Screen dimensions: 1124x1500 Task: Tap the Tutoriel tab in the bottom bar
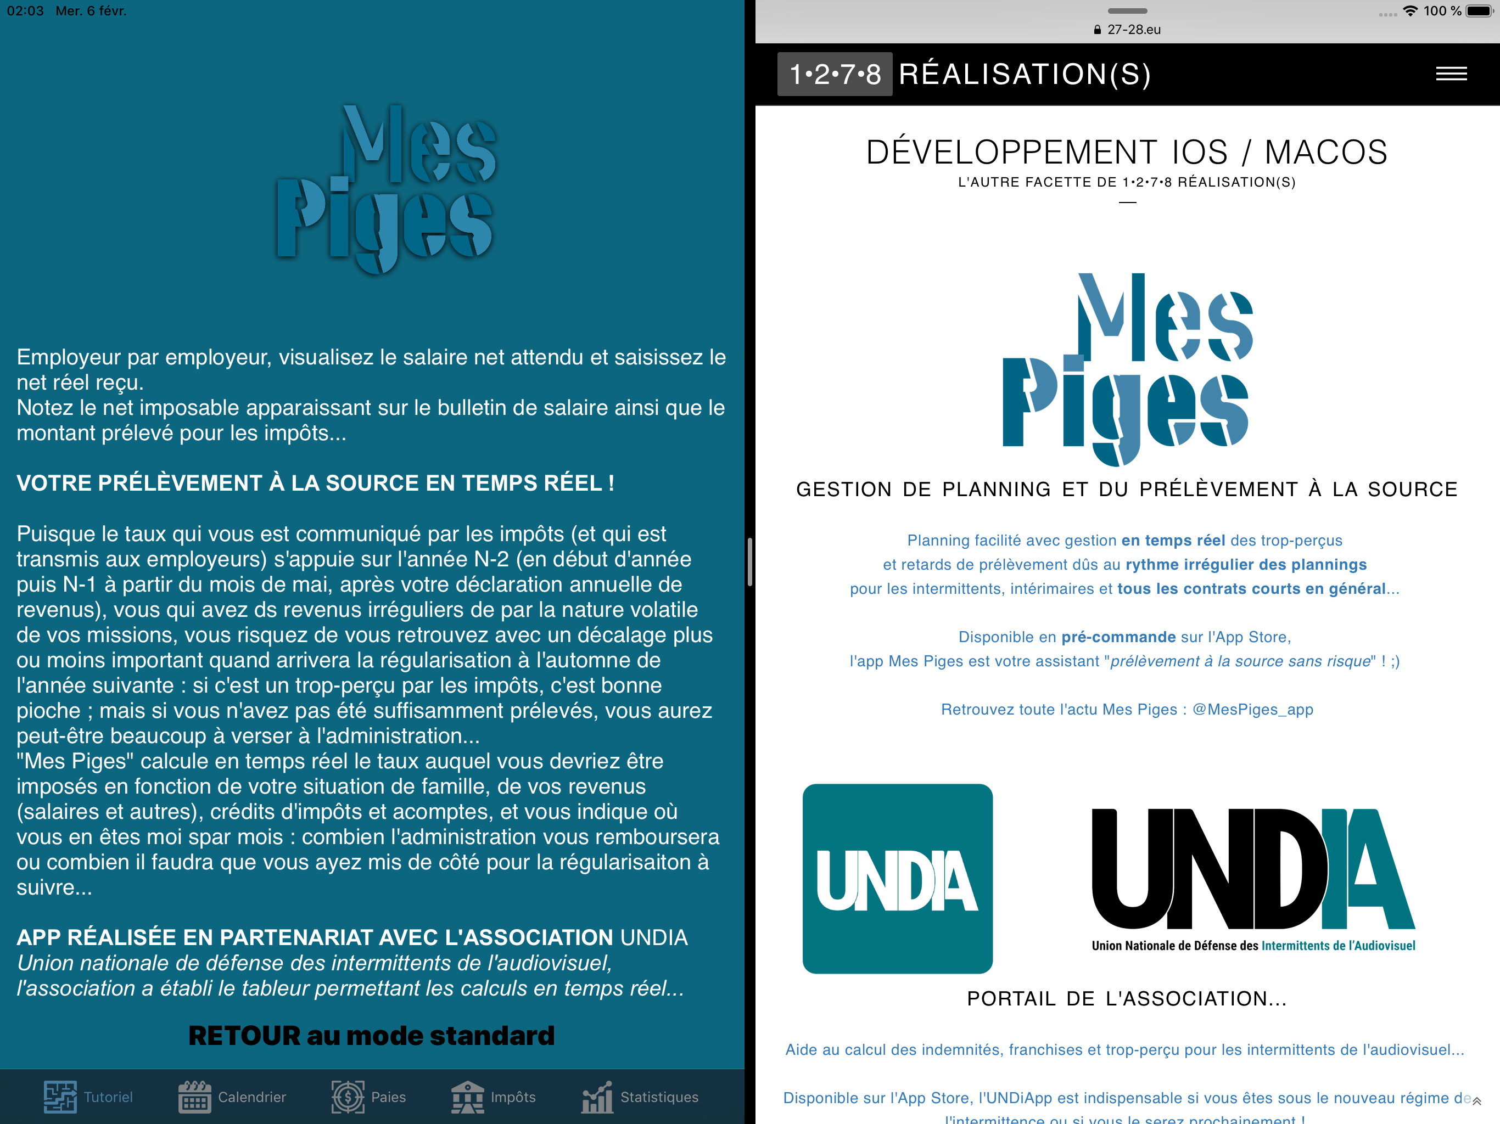tap(88, 1097)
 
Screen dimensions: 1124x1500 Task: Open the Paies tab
tap(368, 1097)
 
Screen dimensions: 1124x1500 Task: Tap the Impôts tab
tap(494, 1097)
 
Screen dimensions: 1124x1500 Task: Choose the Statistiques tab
tap(640, 1097)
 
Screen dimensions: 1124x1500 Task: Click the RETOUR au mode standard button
tap(372, 1036)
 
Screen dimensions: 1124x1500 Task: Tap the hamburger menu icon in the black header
tap(1451, 74)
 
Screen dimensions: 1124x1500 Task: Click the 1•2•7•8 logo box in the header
tap(834, 74)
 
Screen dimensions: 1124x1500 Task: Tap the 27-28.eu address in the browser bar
tap(1128, 30)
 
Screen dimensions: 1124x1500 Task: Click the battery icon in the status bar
tap(1479, 11)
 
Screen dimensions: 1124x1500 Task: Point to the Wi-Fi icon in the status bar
tap(1410, 11)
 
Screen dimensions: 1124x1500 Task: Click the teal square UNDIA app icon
tap(897, 879)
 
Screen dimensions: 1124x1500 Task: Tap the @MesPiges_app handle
tap(1252, 709)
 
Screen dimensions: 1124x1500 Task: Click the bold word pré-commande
tap(1118, 637)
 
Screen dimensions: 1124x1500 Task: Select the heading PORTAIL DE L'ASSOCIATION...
tap(1126, 998)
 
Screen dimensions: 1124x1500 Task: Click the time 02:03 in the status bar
tap(25, 11)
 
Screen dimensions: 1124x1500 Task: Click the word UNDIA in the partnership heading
tap(654, 937)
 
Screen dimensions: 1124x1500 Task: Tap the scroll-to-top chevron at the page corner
tap(1476, 1101)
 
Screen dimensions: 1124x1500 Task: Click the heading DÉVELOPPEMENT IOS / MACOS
tap(1126, 152)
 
